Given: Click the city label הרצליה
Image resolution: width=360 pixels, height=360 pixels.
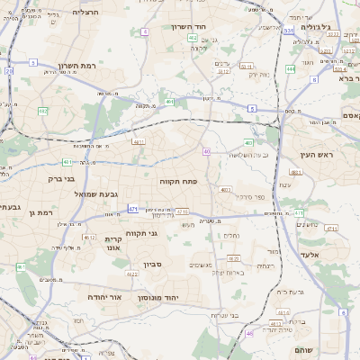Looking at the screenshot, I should tap(86, 13).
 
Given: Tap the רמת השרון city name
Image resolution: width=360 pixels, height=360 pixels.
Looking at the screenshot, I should tap(77, 66).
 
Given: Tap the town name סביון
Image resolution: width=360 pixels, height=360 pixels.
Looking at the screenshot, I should tap(150, 265).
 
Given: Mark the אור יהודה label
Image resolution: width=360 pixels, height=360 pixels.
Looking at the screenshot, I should tap(85, 296).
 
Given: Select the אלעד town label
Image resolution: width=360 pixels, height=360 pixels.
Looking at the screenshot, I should tap(320, 255).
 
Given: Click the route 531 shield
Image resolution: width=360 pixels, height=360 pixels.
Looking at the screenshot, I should tap(288, 31).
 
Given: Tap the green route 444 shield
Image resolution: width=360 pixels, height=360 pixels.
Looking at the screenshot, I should tap(290, 67).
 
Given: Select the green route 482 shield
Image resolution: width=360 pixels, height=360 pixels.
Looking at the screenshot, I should tap(42, 111).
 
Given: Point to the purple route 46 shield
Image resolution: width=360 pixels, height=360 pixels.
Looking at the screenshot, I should tap(249, 334).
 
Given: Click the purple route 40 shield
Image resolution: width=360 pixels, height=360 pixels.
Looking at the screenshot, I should tap(207, 151).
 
